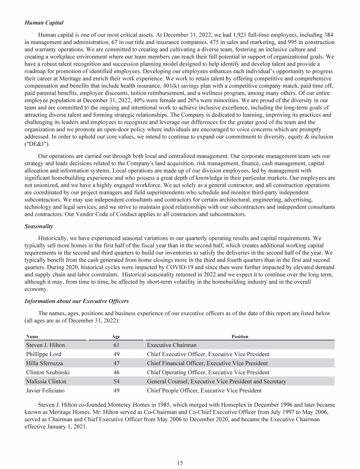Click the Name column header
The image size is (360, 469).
point(32,336)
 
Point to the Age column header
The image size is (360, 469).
point(116,336)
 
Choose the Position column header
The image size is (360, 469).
point(240,336)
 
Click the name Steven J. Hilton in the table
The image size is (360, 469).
point(46,345)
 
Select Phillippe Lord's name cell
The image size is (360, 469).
point(44,354)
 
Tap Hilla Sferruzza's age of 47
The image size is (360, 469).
point(116,363)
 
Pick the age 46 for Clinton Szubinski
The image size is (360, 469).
point(116,372)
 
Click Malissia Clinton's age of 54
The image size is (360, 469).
point(116,381)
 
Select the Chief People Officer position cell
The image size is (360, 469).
point(204,391)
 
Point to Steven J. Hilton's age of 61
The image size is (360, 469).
point(116,345)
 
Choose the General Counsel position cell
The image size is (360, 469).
point(216,381)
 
